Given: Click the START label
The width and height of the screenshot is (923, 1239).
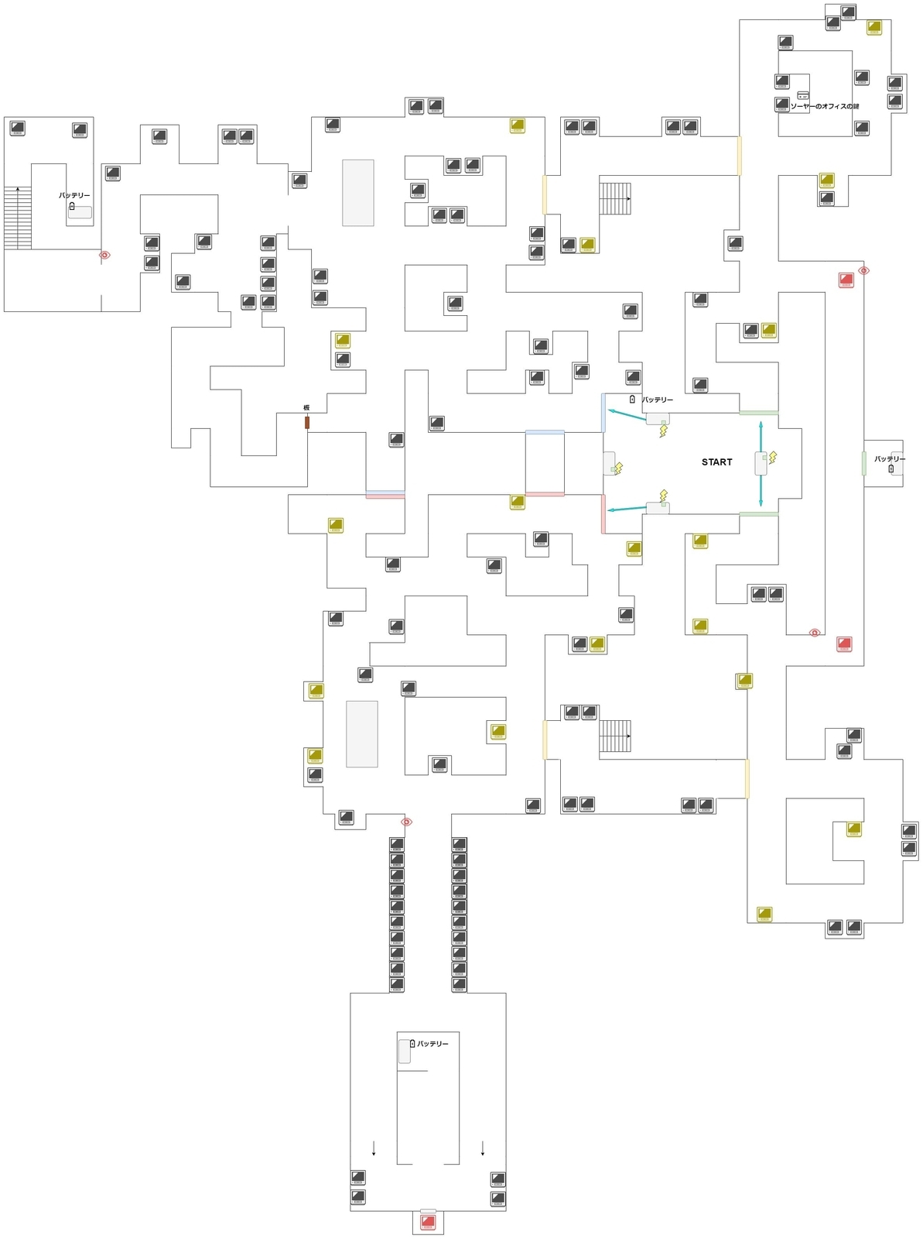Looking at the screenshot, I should click(716, 462).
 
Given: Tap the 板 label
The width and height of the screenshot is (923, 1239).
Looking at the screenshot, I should click(307, 407).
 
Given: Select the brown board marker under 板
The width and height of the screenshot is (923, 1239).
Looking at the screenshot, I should click(307, 423).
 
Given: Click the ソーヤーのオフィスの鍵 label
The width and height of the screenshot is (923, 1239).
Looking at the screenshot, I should click(825, 106).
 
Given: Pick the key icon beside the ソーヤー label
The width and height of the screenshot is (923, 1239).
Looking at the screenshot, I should click(803, 95).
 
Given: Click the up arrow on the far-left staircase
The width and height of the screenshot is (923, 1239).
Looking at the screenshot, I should click(18, 190).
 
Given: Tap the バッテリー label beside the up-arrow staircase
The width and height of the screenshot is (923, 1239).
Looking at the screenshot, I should click(75, 196).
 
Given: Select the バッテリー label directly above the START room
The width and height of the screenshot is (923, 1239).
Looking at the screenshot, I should click(657, 400).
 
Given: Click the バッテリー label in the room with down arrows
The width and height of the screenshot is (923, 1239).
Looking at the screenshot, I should click(432, 1044).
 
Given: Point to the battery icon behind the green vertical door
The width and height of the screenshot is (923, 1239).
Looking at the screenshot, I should click(891, 468).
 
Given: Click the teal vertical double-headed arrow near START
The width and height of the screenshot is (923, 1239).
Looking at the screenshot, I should click(761, 463).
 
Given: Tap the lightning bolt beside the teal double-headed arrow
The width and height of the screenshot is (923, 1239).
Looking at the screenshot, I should click(771, 458).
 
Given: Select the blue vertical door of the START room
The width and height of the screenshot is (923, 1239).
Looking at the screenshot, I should click(603, 412).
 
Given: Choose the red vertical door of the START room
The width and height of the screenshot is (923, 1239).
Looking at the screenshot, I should click(603, 513).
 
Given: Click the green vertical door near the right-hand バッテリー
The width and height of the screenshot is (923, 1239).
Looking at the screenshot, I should click(863, 463).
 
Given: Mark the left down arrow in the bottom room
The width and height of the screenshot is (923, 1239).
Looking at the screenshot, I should click(374, 1148).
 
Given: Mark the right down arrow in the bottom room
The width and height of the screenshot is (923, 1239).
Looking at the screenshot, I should click(483, 1148).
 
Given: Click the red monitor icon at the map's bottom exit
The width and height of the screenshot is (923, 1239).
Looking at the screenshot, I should click(428, 1222).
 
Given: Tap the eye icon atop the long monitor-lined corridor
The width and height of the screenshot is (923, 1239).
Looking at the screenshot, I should click(407, 822).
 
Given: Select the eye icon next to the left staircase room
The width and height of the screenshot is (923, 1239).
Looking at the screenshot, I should click(104, 255).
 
